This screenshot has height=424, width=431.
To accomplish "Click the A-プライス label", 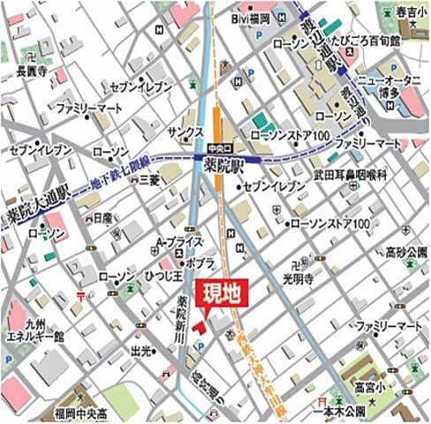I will (x=179, y=241).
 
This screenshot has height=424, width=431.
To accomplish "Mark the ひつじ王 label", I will (x=164, y=276).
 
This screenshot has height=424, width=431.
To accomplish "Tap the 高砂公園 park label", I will (x=405, y=254).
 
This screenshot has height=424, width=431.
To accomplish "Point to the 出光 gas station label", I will (x=140, y=350).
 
